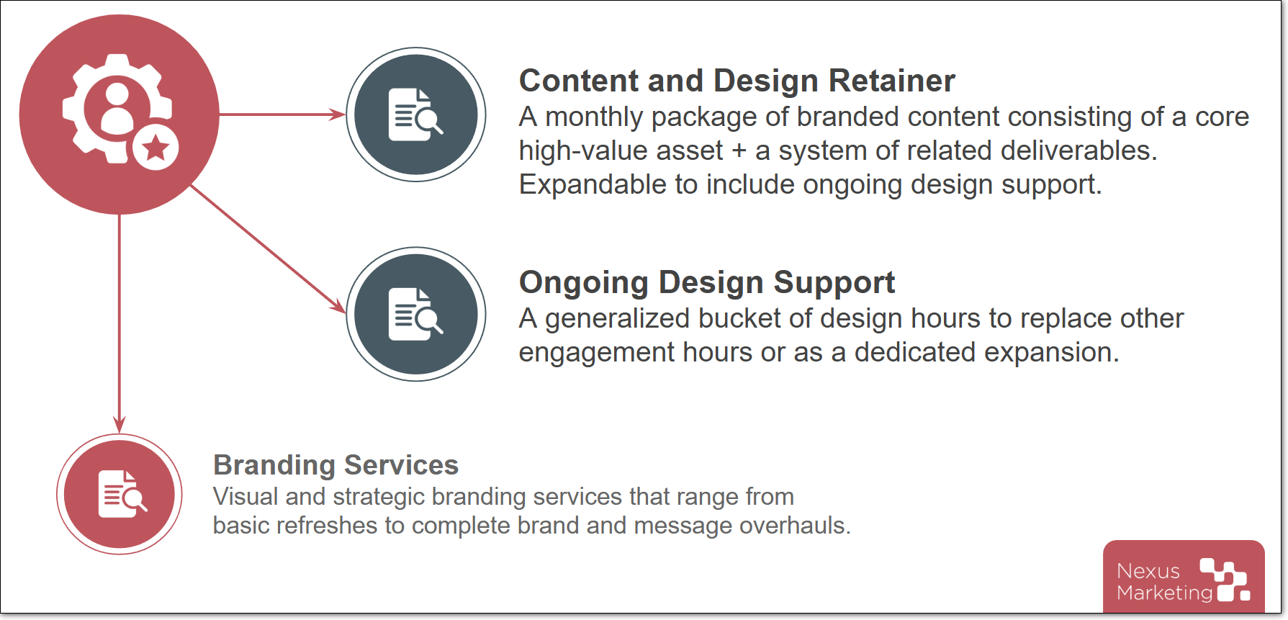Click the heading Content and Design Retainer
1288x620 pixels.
point(737,81)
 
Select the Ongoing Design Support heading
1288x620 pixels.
point(707,283)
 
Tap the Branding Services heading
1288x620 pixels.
point(335,465)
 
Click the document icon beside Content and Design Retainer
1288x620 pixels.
point(416,114)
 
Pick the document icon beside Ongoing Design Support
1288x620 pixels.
point(416,314)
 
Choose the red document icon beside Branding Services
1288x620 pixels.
point(122,494)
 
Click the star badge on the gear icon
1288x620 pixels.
point(156,148)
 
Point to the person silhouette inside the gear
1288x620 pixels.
point(117,108)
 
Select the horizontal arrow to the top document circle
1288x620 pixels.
point(282,114)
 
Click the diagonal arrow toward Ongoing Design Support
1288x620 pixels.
point(268,249)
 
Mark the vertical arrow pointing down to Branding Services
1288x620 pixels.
point(120,323)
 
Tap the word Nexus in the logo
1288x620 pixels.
point(1148,571)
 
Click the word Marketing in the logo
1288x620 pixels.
point(1165,593)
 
